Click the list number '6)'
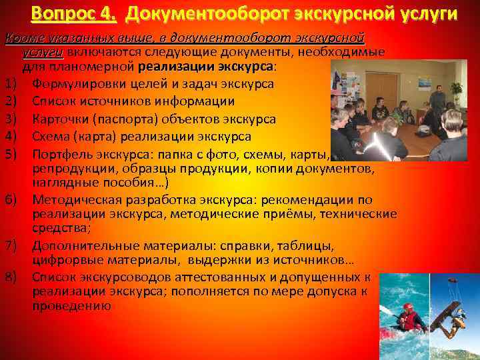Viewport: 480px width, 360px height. [11, 199]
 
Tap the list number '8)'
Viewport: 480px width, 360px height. [11, 277]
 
